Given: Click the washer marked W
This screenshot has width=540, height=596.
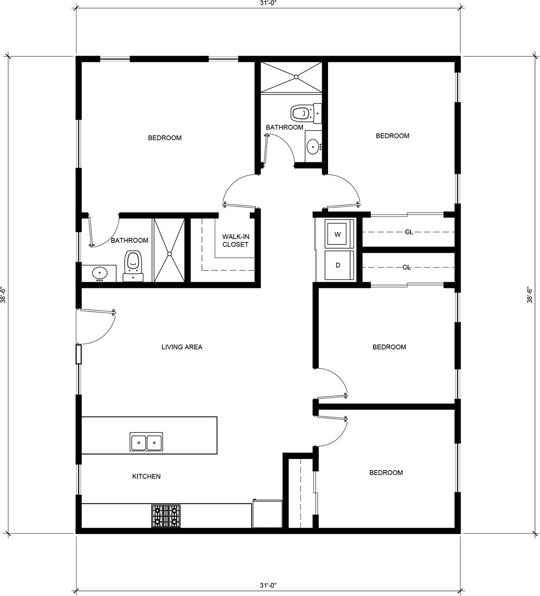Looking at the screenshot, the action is (x=339, y=234).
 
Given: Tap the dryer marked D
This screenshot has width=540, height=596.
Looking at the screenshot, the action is (x=339, y=265).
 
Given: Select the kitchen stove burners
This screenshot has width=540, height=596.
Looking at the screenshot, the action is (x=166, y=516).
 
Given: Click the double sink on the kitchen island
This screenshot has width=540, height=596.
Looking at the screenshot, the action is (x=146, y=441).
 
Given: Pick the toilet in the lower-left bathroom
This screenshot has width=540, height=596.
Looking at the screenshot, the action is (x=133, y=266).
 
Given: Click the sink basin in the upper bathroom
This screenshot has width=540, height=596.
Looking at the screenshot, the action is (x=313, y=146).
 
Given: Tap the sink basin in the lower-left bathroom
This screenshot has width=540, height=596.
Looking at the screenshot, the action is (x=99, y=272).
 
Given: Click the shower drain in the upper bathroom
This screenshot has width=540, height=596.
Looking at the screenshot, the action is (x=296, y=77).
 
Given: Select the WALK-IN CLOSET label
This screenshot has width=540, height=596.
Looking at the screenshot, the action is (x=236, y=240).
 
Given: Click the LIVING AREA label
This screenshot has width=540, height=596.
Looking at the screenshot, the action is (x=182, y=347).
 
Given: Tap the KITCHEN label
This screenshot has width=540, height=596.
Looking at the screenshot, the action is (x=146, y=476).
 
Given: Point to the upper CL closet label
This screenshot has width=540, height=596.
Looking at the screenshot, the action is (x=409, y=232).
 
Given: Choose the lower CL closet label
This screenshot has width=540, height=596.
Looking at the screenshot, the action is (x=407, y=267).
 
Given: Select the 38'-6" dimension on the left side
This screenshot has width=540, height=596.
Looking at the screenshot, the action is (x=3, y=295).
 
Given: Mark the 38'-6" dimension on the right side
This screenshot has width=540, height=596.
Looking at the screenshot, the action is (x=529, y=295).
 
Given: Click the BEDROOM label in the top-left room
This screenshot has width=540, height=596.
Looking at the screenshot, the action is (x=165, y=138).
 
